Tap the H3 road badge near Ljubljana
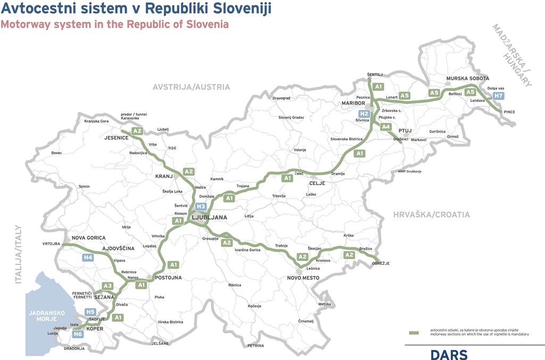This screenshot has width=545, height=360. point(201,207)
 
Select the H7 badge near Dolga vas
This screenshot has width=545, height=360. point(498,96)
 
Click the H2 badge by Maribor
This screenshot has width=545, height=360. point(364,114)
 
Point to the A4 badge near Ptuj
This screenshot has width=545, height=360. point(386,127)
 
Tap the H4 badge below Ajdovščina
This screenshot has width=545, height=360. point(88,258)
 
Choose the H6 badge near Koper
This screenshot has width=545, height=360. point(78,334)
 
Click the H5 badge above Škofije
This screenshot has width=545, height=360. point(90,312)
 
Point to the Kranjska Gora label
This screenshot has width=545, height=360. point(96,121)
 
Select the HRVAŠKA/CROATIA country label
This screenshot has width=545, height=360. point(432,215)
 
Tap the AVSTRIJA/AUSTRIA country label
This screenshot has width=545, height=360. point(191,87)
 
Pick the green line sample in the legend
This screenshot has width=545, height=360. point(414,332)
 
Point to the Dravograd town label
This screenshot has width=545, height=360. point(282,98)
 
